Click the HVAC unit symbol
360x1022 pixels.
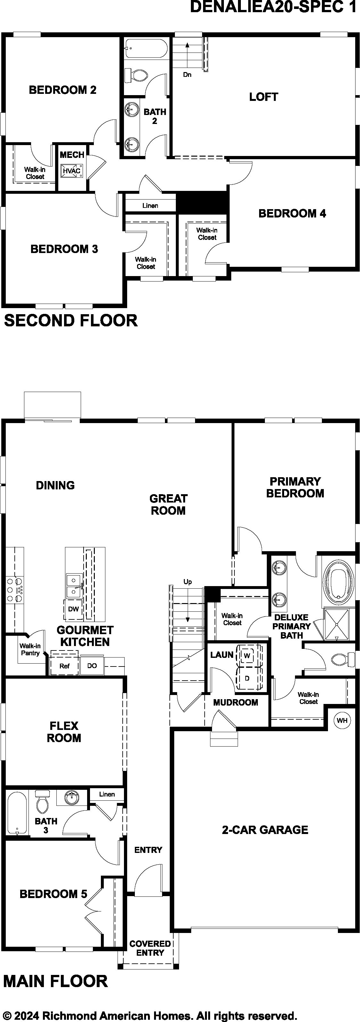(71, 171)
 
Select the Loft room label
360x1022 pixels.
(264, 97)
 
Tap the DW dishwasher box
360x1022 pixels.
(73, 609)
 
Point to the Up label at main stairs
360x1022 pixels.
(188, 582)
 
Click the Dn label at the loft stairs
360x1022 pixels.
(187, 75)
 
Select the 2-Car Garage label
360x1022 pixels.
(265, 830)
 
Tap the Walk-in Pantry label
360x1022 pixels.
(30, 650)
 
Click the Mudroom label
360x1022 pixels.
(236, 703)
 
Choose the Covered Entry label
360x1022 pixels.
(150, 948)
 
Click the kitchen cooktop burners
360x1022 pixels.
(14, 590)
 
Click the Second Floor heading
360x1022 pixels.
(71, 321)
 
